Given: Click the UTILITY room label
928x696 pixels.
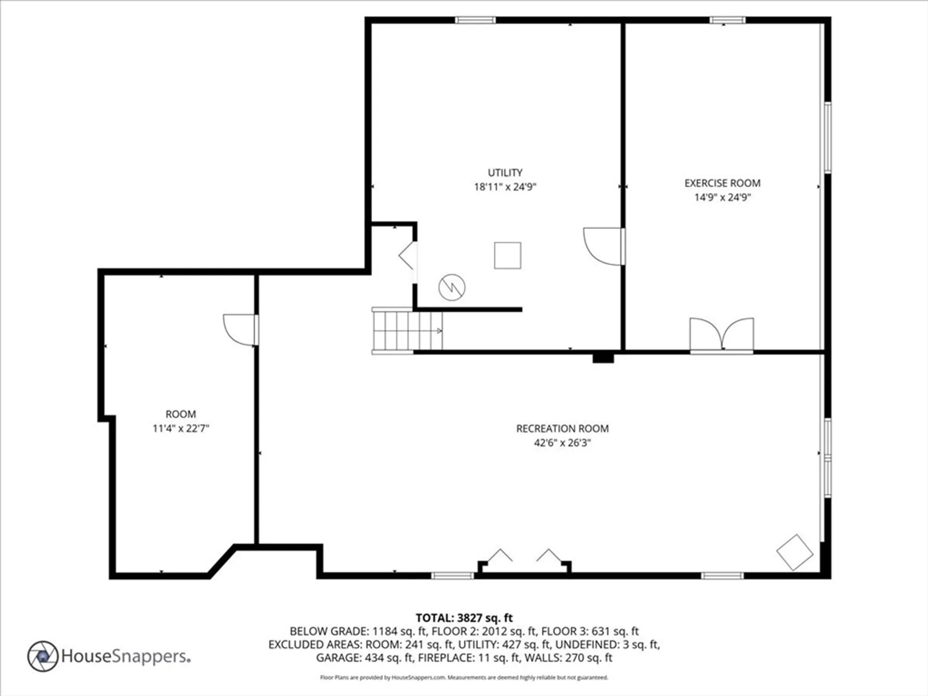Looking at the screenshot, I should coord(505,173).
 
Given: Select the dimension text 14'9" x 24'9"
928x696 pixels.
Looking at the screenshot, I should coord(722,197).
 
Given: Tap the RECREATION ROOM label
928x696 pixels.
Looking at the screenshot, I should coord(562,428).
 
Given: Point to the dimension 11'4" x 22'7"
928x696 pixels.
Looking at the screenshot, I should coord(181,428).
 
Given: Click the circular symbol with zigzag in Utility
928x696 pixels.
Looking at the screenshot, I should coord(452,287).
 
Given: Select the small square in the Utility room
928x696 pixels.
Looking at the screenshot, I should coord(507,255).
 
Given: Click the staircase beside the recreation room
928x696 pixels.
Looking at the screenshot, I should coord(407,330).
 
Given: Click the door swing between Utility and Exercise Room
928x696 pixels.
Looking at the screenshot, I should coord(602,247).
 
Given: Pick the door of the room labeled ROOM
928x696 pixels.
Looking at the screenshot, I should coord(239,329).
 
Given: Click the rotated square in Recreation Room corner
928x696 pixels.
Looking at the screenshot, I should coord(794,552).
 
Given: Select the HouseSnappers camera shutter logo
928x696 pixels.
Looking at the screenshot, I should coord(43,656).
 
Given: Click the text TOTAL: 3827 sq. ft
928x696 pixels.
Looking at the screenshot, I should coord(464,618).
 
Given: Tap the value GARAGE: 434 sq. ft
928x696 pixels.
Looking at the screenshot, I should coord(365,657).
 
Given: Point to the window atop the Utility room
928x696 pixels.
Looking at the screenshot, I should coord(475,20).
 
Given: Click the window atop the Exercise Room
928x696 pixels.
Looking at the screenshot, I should coord(728,20).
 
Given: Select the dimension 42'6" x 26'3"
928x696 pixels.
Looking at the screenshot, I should coord(562,443).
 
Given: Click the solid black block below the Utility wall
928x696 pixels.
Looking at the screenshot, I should coord(603,358).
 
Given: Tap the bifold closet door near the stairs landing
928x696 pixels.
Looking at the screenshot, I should coord(406,256).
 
